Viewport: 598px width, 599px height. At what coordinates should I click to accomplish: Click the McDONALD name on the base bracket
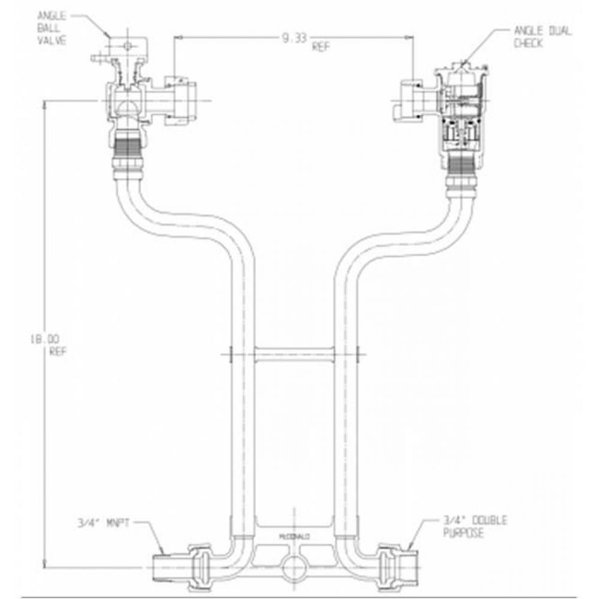293,537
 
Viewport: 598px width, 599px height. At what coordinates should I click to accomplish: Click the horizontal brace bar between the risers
294,355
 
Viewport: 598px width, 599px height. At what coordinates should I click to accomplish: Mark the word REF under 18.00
57,352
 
